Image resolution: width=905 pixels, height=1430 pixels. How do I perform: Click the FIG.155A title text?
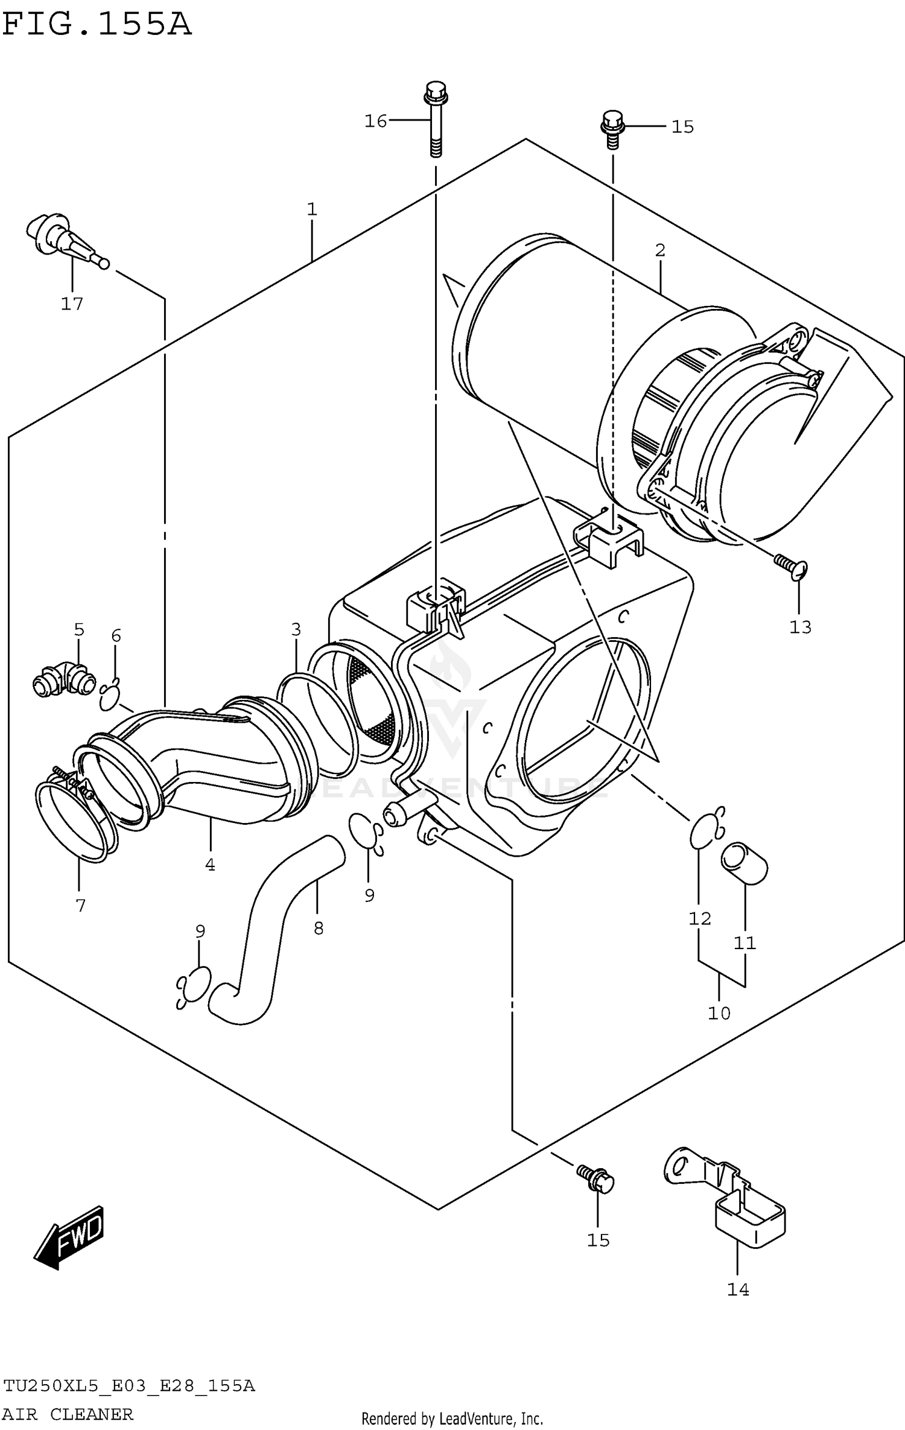tap(97, 24)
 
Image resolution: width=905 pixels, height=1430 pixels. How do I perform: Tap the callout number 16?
tap(375, 121)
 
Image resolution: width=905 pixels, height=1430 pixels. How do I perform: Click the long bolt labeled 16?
tap(435, 121)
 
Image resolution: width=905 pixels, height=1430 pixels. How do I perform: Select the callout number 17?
tap(72, 303)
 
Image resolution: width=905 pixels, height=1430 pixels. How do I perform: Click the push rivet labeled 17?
tap(63, 238)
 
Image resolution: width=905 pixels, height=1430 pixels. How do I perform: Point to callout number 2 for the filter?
tap(659, 250)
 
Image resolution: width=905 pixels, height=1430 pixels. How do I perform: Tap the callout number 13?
tap(800, 628)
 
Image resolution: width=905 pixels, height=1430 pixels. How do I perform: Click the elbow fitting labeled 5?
tap(64, 679)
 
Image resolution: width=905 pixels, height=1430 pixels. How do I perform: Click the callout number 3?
tap(296, 629)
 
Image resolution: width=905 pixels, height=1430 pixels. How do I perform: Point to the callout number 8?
tap(319, 928)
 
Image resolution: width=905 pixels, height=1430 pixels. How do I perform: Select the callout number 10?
tap(719, 1012)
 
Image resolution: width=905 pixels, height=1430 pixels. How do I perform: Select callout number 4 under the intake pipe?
tap(210, 865)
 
